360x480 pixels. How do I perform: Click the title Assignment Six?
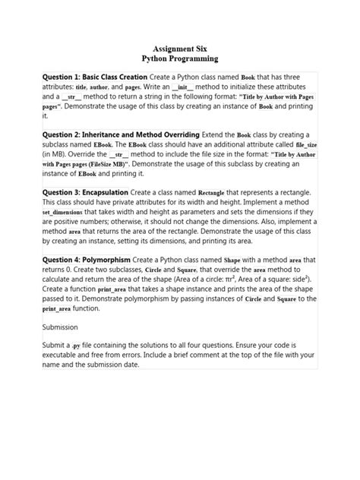180,48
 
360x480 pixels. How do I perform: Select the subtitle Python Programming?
180,58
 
